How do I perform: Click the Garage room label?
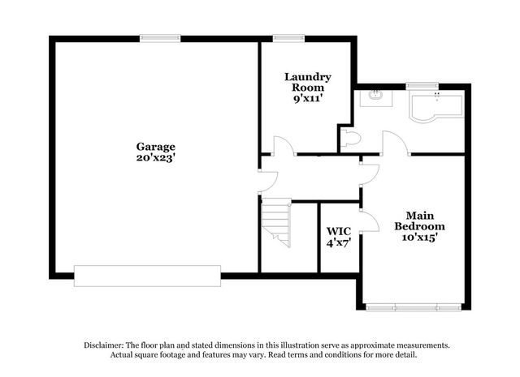coord(155,147)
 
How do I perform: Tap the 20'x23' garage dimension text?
coord(155,158)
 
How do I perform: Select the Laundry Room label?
coord(308,82)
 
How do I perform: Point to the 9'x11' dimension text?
coord(308,98)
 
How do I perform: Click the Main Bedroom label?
coord(419,221)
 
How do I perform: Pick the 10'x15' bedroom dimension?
coord(419,237)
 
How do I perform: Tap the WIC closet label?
coord(339,231)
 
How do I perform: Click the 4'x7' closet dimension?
coord(339,243)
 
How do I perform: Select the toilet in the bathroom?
coord(350,138)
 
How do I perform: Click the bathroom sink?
coord(376,98)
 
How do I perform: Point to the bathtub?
coord(436,108)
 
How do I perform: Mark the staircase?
coord(276,222)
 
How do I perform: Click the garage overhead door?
coord(147,276)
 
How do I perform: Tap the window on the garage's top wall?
coord(160,38)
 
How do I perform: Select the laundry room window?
coord(288,38)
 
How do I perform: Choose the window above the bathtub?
coord(422,87)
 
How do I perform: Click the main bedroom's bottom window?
coord(414,307)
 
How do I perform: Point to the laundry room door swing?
coord(284,146)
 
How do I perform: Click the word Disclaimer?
coord(104,345)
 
